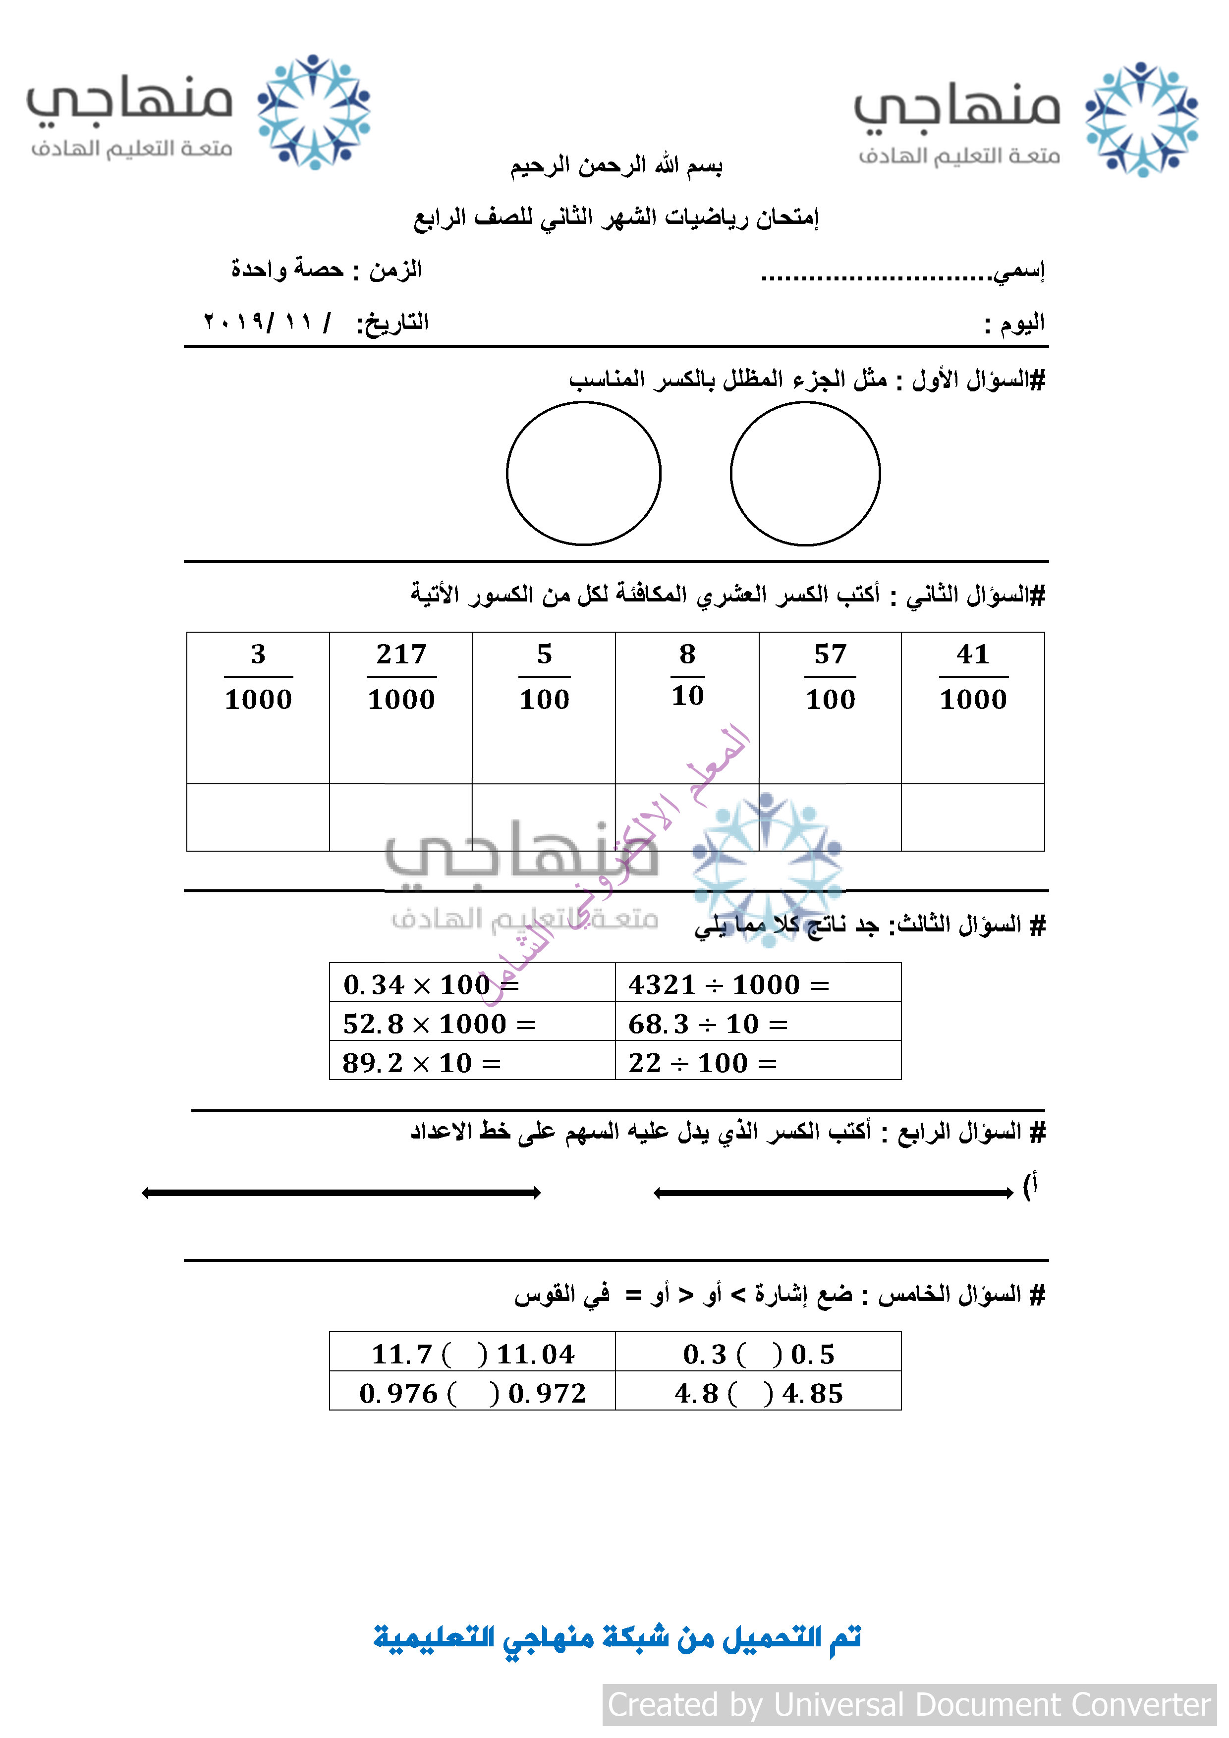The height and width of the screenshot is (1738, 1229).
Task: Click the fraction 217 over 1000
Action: (401, 676)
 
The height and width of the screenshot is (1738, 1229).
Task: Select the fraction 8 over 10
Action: (687, 674)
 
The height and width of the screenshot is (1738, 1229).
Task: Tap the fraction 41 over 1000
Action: (973, 676)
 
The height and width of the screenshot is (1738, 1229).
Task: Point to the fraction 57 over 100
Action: (830, 676)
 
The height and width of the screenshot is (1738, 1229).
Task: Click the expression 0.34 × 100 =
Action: (431, 985)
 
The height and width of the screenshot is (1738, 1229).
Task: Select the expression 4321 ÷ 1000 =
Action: (728, 985)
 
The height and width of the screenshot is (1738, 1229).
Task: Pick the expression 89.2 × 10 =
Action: (421, 1063)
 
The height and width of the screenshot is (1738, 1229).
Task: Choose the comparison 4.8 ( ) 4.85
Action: (758, 1393)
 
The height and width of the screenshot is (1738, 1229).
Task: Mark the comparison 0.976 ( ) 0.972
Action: (472, 1393)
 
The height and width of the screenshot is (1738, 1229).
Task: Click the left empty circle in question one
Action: (584, 473)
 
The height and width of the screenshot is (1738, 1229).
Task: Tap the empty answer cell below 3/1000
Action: (258, 817)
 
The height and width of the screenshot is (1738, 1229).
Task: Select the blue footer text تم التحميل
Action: (617, 1638)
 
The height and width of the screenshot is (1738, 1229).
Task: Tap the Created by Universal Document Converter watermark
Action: (909, 1705)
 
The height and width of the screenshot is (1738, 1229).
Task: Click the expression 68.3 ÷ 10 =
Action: (708, 1024)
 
